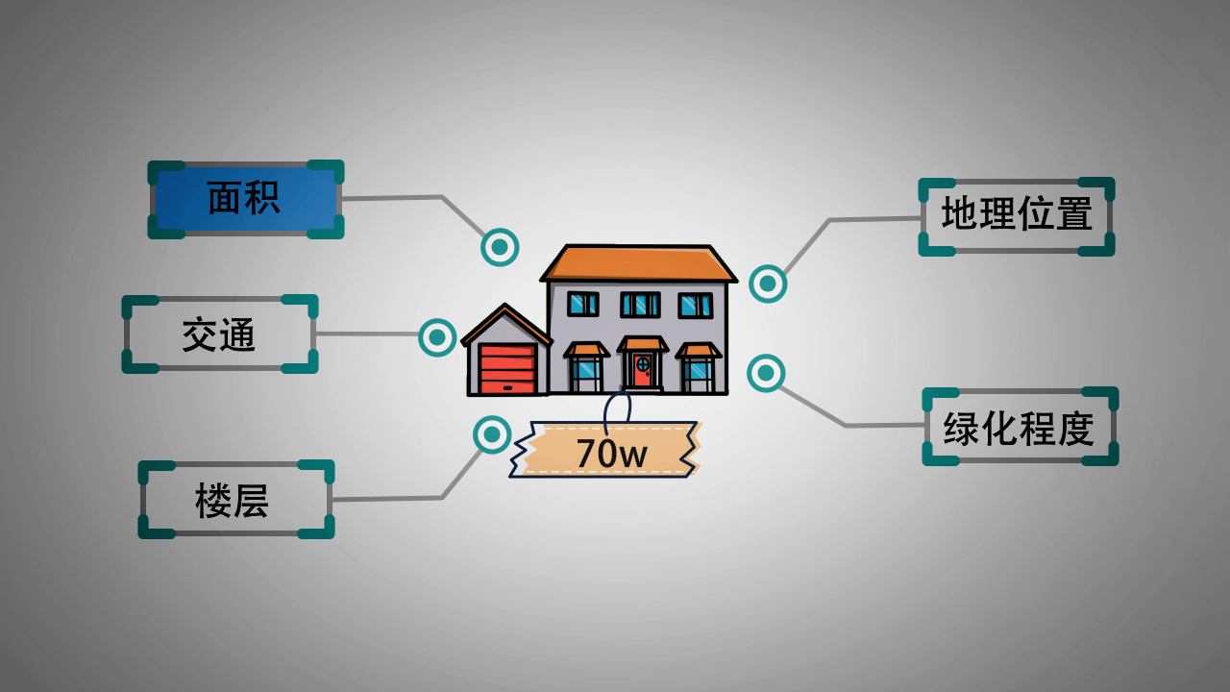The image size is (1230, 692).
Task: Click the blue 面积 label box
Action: [245, 199]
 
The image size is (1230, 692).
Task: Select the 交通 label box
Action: [219, 334]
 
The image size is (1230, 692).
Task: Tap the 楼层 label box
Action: [235, 500]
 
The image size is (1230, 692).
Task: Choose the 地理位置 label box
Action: [1017, 216]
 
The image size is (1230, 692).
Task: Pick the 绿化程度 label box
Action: [1020, 427]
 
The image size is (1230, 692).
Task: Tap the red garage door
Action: [507, 368]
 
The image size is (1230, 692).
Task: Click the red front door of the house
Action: [642, 369]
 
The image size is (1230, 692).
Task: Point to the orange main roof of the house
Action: [638, 263]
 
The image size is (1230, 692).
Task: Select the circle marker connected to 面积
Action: [500, 247]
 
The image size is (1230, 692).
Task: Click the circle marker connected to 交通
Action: [437, 337]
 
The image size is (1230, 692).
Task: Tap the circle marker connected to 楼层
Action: [492, 434]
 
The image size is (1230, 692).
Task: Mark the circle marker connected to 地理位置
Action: [768, 284]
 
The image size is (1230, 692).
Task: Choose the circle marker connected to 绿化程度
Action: [766, 373]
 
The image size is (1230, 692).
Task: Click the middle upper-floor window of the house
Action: [639, 305]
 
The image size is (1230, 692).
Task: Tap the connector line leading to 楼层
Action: [384, 499]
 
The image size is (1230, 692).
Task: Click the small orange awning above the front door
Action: [642, 344]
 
